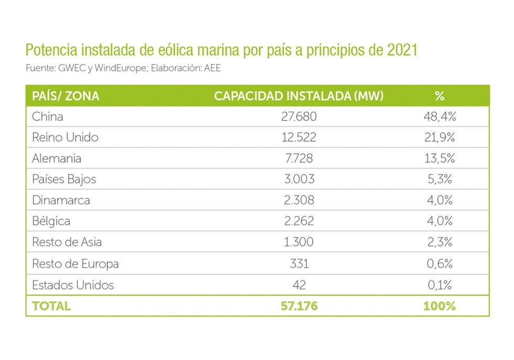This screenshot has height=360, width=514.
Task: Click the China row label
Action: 48,117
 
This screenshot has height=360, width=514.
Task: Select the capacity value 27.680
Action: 299,117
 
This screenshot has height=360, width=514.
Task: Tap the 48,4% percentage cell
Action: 440,117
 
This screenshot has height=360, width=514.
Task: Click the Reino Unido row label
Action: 65,137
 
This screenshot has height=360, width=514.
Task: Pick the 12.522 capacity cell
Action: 299,137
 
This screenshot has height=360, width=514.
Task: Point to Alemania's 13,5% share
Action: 440,158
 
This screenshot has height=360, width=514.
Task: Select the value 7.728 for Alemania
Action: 299,158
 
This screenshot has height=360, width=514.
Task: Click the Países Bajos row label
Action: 64,179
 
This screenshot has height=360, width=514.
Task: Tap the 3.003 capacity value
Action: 299,179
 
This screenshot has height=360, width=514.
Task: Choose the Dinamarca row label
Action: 61,200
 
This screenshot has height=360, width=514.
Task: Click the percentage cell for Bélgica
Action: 440,221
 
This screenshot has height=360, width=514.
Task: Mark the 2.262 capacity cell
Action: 299,221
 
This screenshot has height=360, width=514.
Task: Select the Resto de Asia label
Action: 67,242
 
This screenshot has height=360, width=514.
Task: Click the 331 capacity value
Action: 299,263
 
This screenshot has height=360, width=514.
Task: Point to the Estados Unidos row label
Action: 73,285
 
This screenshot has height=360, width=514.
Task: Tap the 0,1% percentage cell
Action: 440,285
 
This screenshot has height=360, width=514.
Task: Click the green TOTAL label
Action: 51,306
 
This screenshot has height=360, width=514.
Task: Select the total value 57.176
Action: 299,306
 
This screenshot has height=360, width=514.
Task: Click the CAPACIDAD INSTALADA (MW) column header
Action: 299,96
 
